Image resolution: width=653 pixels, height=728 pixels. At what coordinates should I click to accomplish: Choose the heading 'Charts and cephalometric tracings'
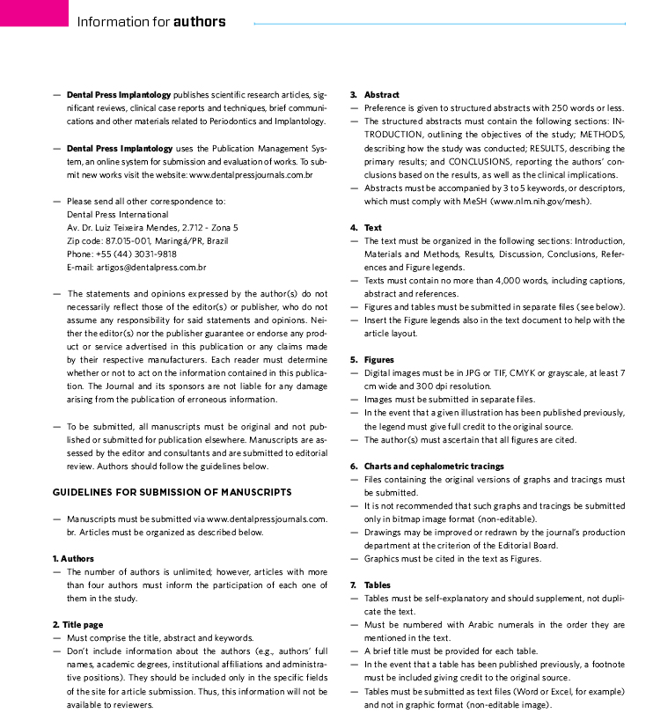click(x=433, y=466)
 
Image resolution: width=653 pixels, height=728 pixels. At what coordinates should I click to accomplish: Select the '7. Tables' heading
click(x=371, y=585)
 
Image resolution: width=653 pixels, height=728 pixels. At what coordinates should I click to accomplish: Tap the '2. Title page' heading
click(x=77, y=624)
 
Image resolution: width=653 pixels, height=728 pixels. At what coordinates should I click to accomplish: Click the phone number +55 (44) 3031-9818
click(x=136, y=253)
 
